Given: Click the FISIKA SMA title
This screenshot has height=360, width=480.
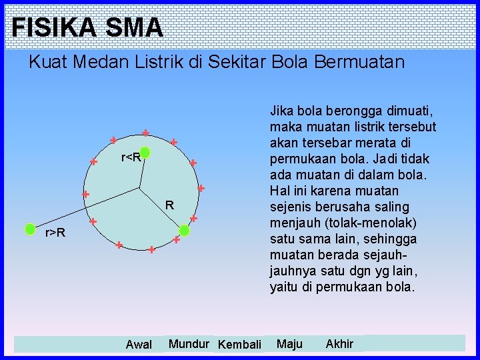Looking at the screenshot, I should tap(87, 27).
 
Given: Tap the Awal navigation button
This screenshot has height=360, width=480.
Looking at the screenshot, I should tap(139, 345).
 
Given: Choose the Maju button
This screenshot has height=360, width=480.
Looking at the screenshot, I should tap(289, 344).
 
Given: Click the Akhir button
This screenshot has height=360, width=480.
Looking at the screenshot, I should tap(339, 344).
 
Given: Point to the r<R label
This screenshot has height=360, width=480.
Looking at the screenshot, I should tap(130, 158).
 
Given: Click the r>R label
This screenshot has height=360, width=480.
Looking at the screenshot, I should tap(55, 233).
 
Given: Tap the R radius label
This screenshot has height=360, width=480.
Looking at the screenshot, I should tap(170, 205).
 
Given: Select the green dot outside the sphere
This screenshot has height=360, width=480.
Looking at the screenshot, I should tap(30, 229).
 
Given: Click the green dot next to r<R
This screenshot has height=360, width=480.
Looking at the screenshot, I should tap(145, 154).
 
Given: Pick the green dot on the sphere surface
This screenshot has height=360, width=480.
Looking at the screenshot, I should tap(185, 231).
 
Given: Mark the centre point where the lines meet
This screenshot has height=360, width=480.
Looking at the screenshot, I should tap(140, 188).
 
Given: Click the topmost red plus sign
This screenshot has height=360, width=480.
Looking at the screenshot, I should tap(145, 132).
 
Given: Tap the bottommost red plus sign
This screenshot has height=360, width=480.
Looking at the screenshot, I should tap(152, 250).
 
